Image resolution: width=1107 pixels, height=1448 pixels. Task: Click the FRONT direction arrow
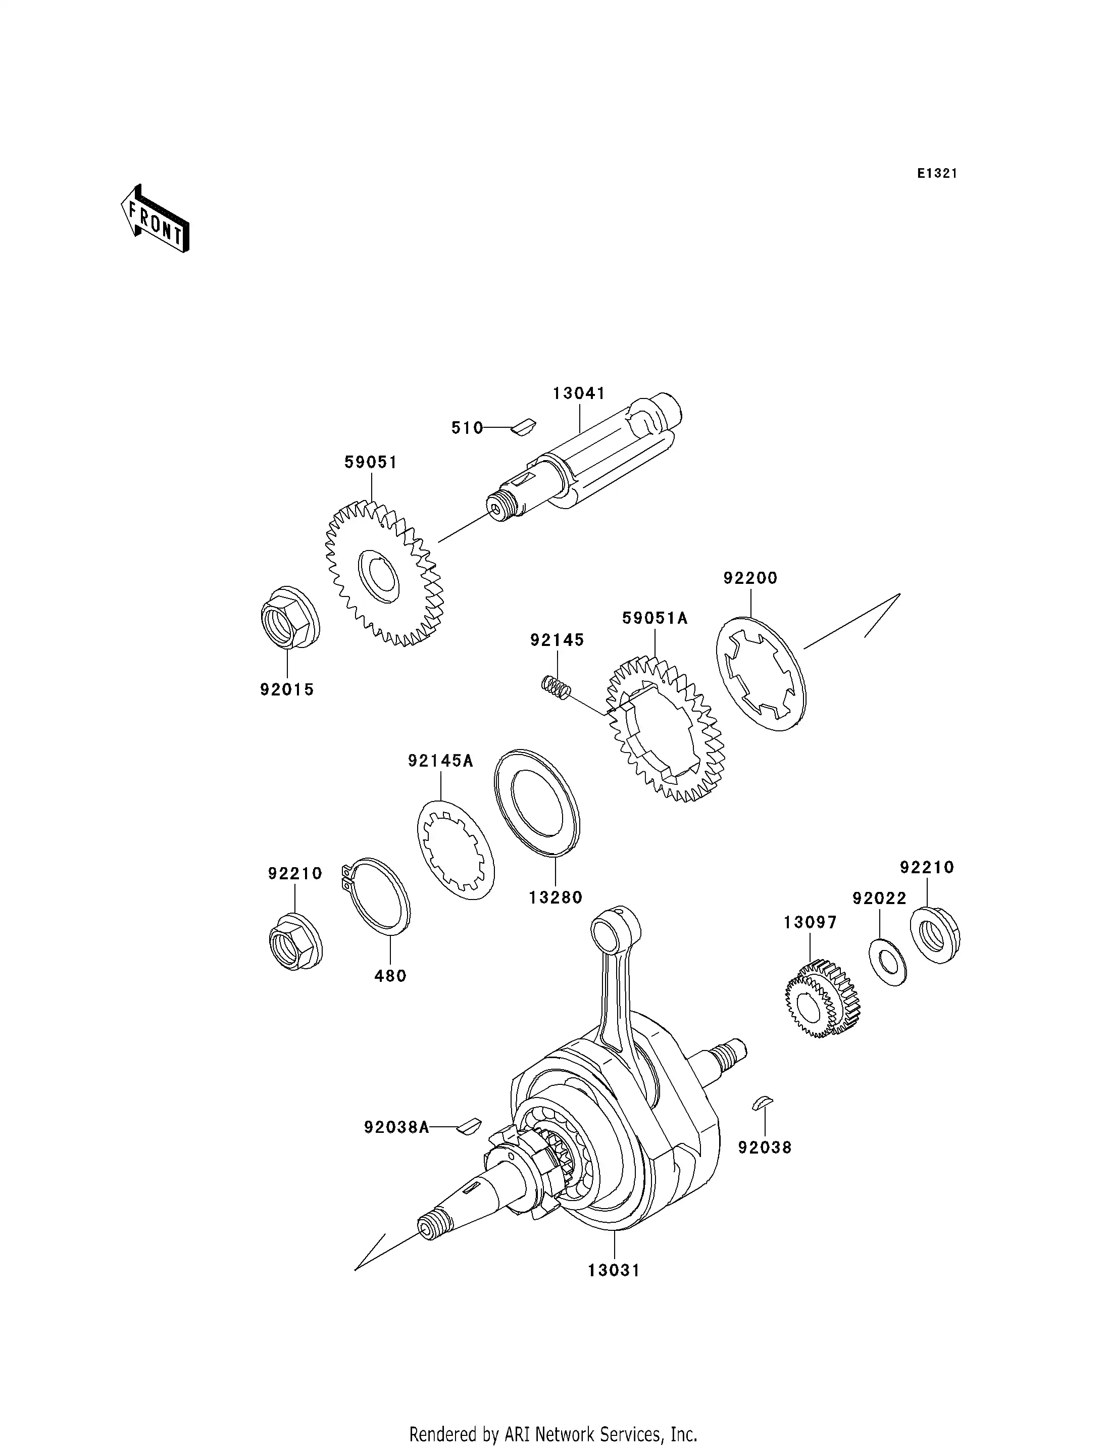click(156, 220)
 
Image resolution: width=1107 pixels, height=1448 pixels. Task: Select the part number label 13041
click(579, 393)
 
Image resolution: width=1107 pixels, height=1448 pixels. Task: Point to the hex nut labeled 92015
click(288, 618)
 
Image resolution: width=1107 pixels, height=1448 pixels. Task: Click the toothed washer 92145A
click(456, 850)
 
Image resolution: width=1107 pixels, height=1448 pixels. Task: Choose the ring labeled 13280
click(537, 803)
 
